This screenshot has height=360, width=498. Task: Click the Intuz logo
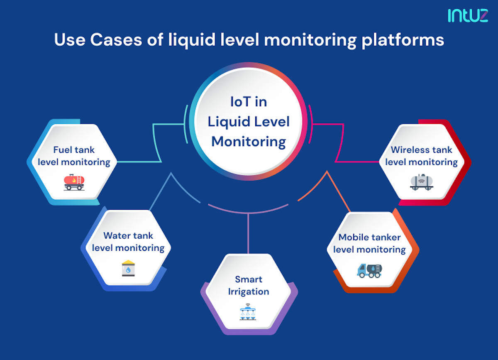pos(467,15)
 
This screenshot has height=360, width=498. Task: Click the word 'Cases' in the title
pos(114,40)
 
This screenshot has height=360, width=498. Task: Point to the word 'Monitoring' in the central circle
pos(249,142)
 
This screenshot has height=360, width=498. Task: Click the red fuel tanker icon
pos(74,181)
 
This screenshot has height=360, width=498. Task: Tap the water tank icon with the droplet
pos(128,268)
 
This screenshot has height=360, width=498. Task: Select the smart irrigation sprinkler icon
pos(248,312)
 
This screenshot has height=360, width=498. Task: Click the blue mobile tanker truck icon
pos(369,270)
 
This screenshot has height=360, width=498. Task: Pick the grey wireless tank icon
pos(422,181)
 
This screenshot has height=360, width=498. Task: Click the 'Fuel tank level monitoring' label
pos(74,156)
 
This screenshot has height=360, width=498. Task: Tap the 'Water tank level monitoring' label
pos(128,242)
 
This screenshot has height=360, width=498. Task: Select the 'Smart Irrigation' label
pos(249,285)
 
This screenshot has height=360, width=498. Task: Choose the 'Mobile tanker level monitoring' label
pos(369,243)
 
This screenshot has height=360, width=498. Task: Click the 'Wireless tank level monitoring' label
pos(421,156)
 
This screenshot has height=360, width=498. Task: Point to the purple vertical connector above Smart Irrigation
pos(248,233)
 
